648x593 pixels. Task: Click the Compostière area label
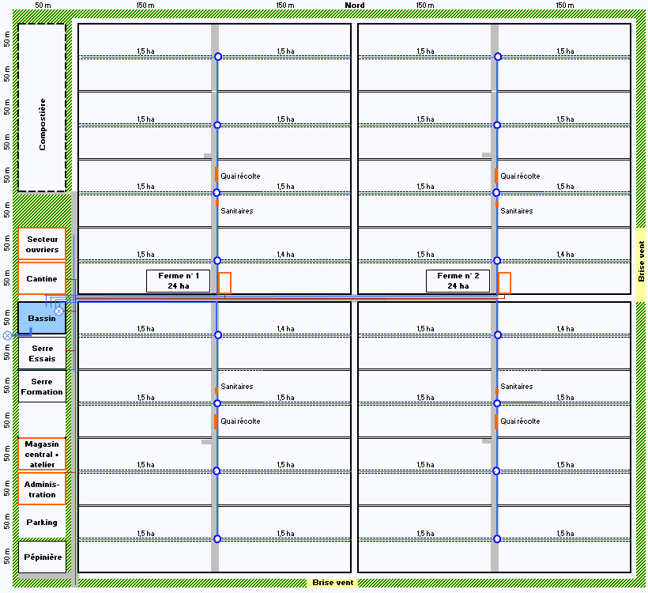click(42, 124)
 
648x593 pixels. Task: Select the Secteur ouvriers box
click(42, 244)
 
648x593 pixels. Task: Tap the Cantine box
click(42, 278)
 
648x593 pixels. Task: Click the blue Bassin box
click(42, 318)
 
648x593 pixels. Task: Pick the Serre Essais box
click(42, 353)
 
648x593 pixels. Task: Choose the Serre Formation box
click(42, 386)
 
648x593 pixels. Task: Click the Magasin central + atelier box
click(42, 454)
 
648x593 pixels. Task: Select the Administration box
click(42, 489)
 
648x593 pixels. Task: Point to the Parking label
click(42, 523)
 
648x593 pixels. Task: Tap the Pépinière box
click(42, 557)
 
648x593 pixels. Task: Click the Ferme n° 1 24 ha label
click(178, 281)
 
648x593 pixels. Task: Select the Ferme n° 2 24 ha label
click(458, 281)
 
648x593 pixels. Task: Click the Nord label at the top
click(355, 6)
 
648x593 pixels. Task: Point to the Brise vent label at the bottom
click(333, 583)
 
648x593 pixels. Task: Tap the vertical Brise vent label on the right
click(641, 262)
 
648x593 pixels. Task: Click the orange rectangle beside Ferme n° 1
click(224, 283)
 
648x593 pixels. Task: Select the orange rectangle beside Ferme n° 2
click(505, 283)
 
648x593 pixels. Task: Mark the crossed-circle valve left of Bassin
click(7, 335)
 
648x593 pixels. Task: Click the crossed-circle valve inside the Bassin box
click(59, 311)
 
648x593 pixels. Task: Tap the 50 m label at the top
click(43, 6)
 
